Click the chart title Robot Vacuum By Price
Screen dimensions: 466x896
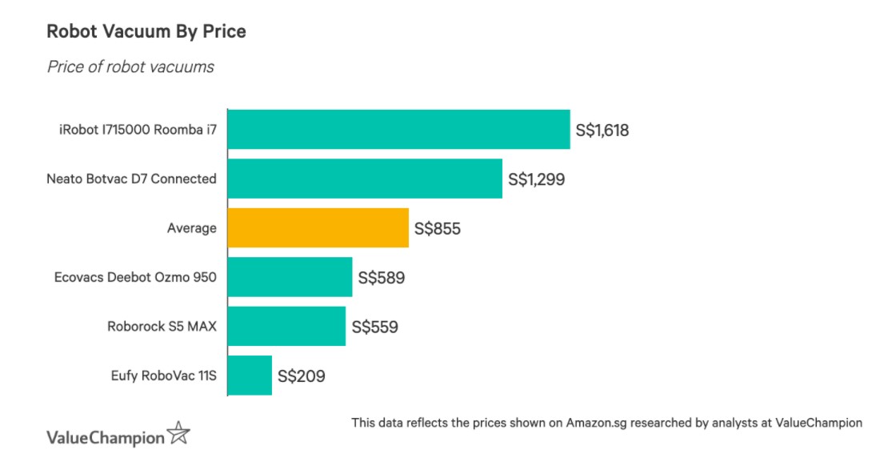click(x=146, y=32)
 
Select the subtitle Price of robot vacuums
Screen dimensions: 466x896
click(x=130, y=66)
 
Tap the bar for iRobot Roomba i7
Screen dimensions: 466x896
click(x=398, y=130)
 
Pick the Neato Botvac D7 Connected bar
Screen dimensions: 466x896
click(x=365, y=179)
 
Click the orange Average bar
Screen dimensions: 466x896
click(x=318, y=228)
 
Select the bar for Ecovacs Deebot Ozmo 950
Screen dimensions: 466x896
click(x=290, y=277)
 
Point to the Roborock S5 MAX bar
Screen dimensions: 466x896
click(x=286, y=326)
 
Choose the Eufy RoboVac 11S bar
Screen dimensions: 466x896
click(x=250, y=376)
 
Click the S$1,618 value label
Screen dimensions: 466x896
click(x=602, y=130)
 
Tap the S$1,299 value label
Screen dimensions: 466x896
click(x=537, y=179)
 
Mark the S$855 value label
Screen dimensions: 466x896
click(x=438, y=228)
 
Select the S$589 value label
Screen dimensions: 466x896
click(x=382, y=278)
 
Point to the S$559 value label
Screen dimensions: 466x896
click(x=374, y=327)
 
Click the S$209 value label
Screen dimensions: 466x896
click(x=301, y=376)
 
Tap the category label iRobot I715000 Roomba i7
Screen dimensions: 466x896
click(x=132, y=130)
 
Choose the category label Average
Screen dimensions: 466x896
click(x=192, y=228)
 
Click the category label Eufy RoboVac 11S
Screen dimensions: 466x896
click(x=165, y=375)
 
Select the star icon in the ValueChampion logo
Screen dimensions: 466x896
click(x=179, y=435)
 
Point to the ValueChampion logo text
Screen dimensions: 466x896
click(x=106, y=437)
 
